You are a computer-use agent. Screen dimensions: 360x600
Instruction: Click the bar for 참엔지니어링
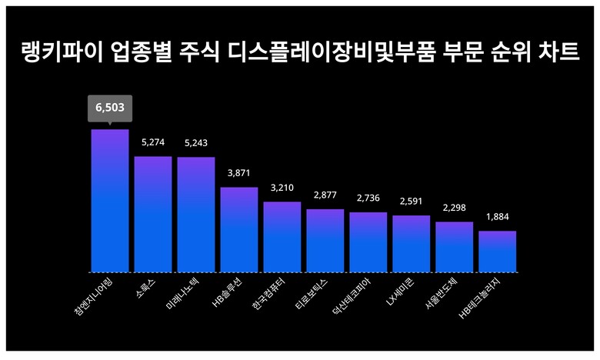pyautogui.click(x=110, y=201)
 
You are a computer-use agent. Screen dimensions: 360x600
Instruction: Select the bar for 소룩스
pyautogui.click(x=153, y=215)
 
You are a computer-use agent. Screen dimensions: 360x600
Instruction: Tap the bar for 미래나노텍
pyautogui.click(x=196, y=215)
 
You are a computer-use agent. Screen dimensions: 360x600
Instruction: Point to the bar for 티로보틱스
pyautogui.click(x=325, y=241)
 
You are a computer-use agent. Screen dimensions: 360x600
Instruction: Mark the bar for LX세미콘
pyautogui.click(x=412, y=244)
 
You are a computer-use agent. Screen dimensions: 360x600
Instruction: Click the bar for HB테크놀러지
pyautogui.click(x=497, y=252)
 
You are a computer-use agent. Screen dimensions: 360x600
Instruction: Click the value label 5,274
pyautogui.click(x=153, y=143)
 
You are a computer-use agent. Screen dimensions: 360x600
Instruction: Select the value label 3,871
pyautogui.click(x=239, y=173)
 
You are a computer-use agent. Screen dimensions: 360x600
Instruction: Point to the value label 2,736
pyautogui.click(x=368, y=198)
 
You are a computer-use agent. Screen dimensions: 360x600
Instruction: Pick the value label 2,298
pyautogui.click(x=455, y=208)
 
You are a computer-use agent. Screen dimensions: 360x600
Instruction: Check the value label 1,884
pyautogui.click(x=498, y=217)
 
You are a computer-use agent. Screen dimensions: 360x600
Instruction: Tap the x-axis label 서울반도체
pyautogui.click(x=441, y=297)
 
